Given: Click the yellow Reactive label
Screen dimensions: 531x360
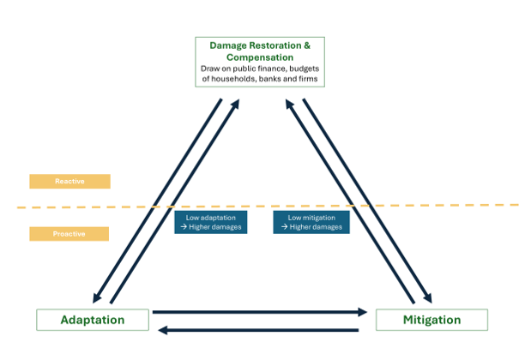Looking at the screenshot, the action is [x=69, y=182].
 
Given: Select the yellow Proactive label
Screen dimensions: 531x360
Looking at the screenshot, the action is [x=69, y=234].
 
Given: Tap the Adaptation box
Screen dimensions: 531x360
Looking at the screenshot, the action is [x=93, y=320].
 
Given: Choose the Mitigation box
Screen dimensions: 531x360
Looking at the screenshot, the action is [x=431, y=320].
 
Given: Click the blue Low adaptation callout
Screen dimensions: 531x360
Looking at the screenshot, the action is [x=211, y=222].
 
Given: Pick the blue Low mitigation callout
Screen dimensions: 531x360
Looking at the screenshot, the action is [x=311, y=222].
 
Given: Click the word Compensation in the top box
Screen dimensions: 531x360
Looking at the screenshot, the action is [x=260, y=57].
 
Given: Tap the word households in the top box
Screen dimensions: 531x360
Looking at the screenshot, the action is [x=233, y=79].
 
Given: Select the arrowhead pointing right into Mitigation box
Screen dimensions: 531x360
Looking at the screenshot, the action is [x=363, y=312].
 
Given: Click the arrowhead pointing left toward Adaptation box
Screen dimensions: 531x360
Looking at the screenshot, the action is [x=163, y=330].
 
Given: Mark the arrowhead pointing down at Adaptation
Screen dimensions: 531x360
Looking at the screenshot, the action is [x=97, y=297].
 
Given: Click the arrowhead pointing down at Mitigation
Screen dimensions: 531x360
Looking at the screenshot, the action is [x=428, y=297].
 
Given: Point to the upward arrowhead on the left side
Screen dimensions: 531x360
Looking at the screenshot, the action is [x=235, y=104].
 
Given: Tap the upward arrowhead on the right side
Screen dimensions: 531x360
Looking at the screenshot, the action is [x=290, y=104].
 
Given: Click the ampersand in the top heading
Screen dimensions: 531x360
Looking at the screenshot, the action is [x=307, y=45].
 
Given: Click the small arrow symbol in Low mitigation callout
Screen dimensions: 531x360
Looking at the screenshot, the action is [x=285, y=226].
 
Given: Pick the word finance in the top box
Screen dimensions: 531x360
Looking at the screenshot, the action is [x=272, y=69].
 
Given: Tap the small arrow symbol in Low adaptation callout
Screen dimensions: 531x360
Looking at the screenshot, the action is [x=184, y=226].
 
